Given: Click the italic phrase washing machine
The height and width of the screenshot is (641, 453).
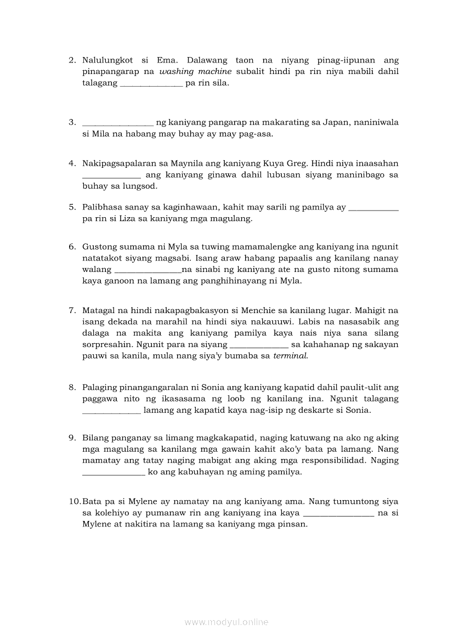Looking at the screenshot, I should tap(196, 72).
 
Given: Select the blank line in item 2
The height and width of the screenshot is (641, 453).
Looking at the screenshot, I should tap(151, 83).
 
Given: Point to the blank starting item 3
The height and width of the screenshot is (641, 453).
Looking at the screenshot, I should tap(118, 123).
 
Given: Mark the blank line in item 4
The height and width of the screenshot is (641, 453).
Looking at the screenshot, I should tap(112, 175).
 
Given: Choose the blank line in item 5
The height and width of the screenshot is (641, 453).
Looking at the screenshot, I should tap(373, 208).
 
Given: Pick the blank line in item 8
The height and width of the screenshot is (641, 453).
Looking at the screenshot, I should tap(112, 410).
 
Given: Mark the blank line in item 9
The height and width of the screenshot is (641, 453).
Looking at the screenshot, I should tap(114, 472).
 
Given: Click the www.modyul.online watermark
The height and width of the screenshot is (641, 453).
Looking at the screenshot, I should tap(226, 622).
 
